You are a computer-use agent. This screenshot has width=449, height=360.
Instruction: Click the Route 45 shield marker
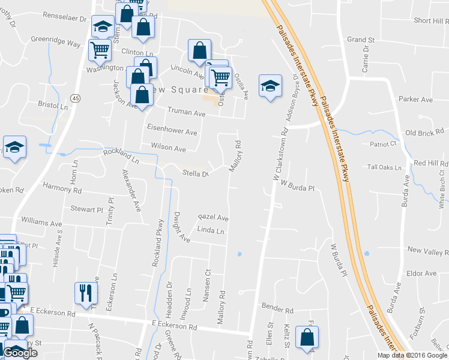pyautogui.click(x=74, y=98)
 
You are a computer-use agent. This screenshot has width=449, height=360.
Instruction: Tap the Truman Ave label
pyautogui.click(x=186, y=113)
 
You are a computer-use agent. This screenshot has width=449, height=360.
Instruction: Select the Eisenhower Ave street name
pyautogui.click(x=172, y=131)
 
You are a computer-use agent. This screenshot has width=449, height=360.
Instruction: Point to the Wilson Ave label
pyautogui.click(x=168, y=148)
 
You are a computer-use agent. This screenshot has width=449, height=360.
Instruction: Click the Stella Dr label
pyautogui.click(x=194, y=175)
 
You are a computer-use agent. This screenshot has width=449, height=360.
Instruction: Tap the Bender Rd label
pyautogui.click(x=277, y=310)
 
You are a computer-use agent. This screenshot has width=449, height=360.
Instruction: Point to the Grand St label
pyautogui.click(x=361, y=40)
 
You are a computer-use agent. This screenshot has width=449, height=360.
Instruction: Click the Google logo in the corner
pyautogui.click(x=20, y=353)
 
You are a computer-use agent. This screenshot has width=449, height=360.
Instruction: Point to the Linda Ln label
pyautogui.click(x=210, y=231)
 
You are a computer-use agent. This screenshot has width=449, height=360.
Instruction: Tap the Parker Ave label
pyautogui.click(x=415, y=99)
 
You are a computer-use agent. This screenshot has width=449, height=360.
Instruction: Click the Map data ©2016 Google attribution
pyautogui.click(x=412, y=355)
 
